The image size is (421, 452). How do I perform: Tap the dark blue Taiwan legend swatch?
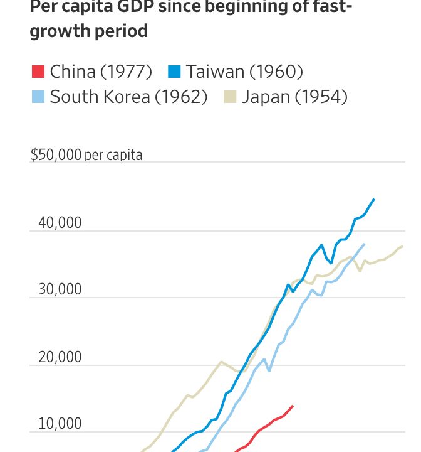coord(174,72)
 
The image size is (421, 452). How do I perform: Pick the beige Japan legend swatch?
coord(230,97)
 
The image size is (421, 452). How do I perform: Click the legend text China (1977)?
coord(101,72)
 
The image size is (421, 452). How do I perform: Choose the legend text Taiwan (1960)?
coord(244,72)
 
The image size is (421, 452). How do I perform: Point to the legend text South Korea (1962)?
coord(128,97)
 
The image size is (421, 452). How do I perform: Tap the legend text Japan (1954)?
coord(294,97)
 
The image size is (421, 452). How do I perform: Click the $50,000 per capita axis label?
coord(86,154)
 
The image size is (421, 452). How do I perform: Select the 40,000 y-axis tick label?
coord(60,223)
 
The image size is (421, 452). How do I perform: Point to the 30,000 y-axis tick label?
coord(60,290)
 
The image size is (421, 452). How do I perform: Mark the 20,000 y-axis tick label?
coord(60,357)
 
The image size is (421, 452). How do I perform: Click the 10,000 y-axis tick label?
coord(60,424)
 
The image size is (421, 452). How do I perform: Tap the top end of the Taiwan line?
coord(374,199)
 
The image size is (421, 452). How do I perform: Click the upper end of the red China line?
coord(292,406)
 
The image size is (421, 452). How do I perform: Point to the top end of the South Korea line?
coord(364,244)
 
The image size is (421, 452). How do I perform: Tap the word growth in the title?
coord(60,31)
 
